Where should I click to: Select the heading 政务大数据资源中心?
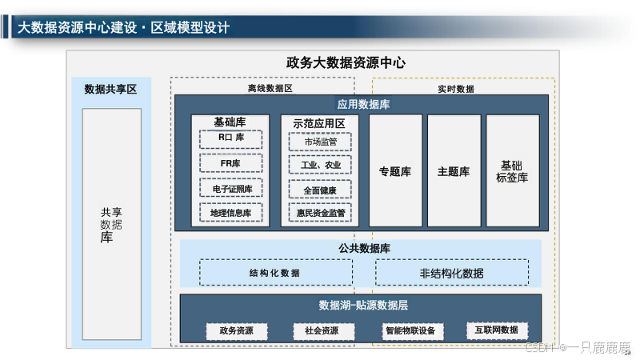click(x=346, y=62)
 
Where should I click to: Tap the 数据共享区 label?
click(x=110, y=89)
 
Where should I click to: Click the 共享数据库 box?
click(x=111, y=224)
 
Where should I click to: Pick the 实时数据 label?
click(x=455, y=88)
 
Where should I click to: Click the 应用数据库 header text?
click(x=363, y=104)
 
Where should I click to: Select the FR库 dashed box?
click(x=230, y=164)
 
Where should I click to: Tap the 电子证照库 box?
click(x=231, y=189)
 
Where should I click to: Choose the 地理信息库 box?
click(x=231, y=213)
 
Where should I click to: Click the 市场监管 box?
click(x=320, y=142)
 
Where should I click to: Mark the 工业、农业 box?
click(x=320, y=165)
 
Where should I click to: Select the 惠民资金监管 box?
click(x=320, y=213)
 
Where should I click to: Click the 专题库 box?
click(x=394, y=171)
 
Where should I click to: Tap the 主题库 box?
click(x=454, y=171)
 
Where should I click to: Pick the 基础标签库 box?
click(x=512, y=171)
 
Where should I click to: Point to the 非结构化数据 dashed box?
click(x=451, y=273)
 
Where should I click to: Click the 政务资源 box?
click(x=237, y=330)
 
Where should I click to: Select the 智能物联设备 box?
click(x=410, y=330)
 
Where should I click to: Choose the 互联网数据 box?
click(x=497, y=330)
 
